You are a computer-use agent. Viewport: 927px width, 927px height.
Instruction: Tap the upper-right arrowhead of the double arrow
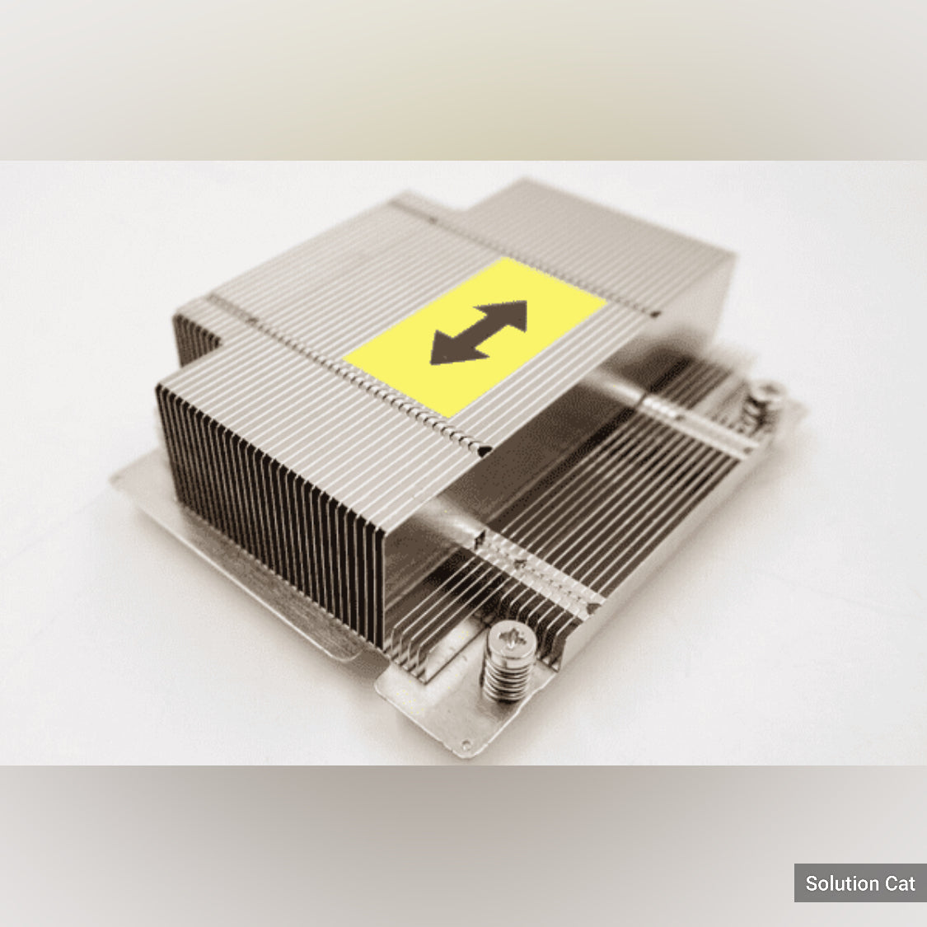[507, 316]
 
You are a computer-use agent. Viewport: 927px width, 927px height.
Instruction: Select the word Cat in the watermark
[900, 883]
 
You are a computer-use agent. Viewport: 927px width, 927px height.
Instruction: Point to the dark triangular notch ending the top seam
[485, 450]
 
